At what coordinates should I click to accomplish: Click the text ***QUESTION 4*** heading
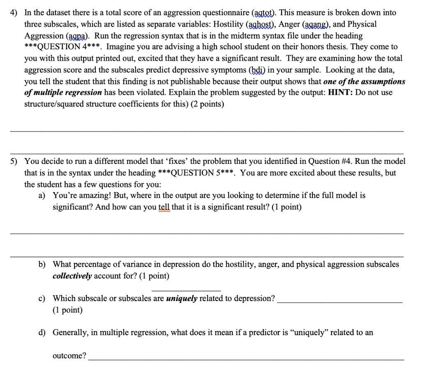click(63, 47)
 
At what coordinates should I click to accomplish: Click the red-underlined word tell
click(164, 207)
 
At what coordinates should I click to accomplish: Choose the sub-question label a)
click(42, 196)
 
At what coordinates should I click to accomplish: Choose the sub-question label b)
click(42, 265)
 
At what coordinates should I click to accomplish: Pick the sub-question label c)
click(42, 299)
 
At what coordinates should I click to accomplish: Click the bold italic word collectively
click(72, 276)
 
